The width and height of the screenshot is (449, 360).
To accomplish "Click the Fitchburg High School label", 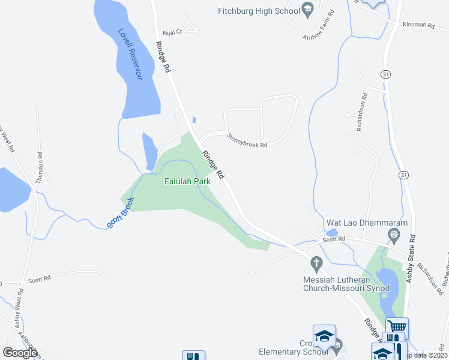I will pyautogui.click(x=259, y=11).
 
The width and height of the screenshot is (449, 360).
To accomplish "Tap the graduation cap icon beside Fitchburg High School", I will pyautogui.click(x=308, y=8).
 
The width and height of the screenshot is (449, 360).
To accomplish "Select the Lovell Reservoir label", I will pyautogui.click(x=130, y=54).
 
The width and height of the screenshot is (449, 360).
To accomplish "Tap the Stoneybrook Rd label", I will pyautogui.click(x=246, y=140).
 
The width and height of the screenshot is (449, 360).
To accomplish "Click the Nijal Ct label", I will pyautogui.click(x=172, y=33).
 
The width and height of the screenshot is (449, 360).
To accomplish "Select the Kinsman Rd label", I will pyautogui.click(x=418, y=25).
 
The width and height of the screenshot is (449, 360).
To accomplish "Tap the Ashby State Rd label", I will pyautogui.click(x=411, y=258).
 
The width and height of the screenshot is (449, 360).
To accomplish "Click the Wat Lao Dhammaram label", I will pyautogui.click(x=367, y=223).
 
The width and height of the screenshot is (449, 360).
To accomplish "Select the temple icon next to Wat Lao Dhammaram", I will pyautogui.click(x=394, y=234).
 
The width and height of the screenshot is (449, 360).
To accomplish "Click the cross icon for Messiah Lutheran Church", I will pyautogui.click(x=316, y=262).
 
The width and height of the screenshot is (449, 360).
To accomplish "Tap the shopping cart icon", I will pyautogui.click(x=397, y=327).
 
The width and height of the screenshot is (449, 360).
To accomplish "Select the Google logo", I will pyautogui.click(x=20, y=353).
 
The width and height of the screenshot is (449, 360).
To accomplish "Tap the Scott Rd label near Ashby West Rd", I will pyautogui.click(x=39, y=278).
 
